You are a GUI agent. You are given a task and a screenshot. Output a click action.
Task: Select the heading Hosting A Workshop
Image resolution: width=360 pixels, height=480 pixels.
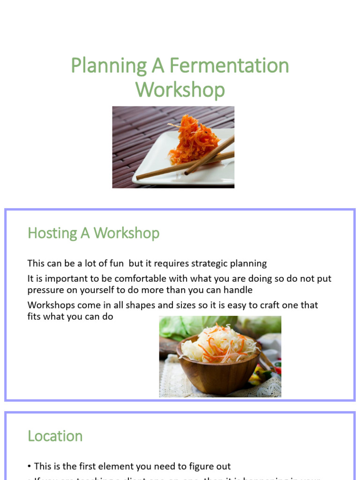(x=93, y=233)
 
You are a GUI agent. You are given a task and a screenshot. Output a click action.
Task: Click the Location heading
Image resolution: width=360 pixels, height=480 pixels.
(x=55, y=436)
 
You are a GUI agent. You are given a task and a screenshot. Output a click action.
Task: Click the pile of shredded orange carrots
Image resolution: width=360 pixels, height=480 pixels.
(x=194, y=138)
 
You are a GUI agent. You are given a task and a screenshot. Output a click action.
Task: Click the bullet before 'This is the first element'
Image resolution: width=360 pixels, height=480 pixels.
(x=30, y=466)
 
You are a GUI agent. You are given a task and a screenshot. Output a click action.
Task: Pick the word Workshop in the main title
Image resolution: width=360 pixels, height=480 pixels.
(x=180, y=90)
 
